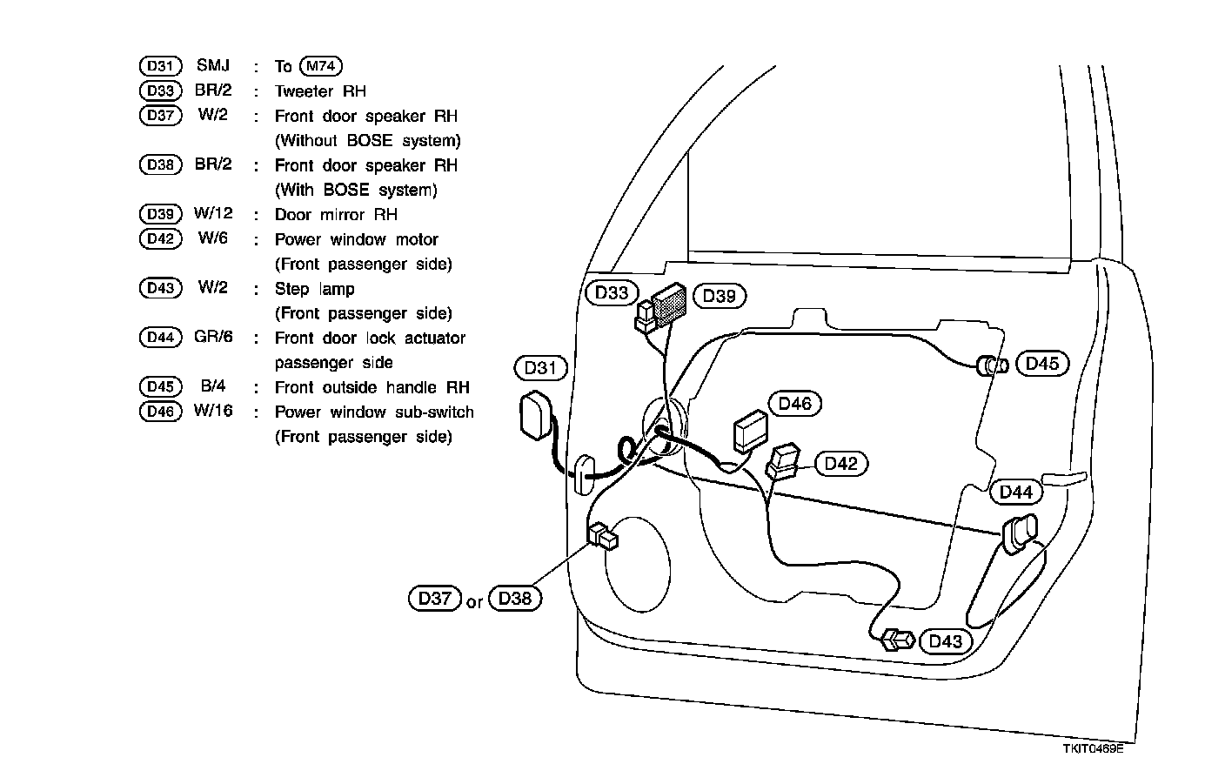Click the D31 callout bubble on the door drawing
540,368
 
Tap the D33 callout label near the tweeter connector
612,293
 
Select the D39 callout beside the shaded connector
720,296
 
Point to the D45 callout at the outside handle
1042,364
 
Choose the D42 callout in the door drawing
841,464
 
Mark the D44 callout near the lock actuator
1015,493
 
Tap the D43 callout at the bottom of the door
946,641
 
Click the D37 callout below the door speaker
434,599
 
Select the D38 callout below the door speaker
515,599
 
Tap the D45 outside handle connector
992,365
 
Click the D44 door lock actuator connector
1019,533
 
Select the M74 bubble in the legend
320,66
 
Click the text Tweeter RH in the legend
320,91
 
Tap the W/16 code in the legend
213,411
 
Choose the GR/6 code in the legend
213,337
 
